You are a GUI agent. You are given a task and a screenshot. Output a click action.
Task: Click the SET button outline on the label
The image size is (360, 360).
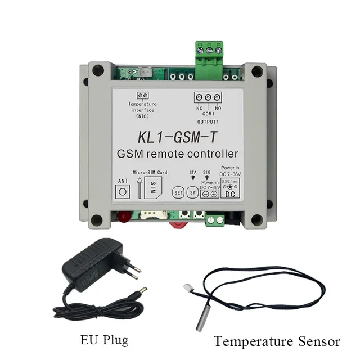178,192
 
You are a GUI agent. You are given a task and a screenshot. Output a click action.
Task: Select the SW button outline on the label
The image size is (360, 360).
192,192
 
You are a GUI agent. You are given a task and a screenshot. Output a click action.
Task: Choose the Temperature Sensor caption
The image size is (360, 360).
277,341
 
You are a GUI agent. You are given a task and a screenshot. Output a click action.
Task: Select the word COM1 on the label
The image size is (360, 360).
208,113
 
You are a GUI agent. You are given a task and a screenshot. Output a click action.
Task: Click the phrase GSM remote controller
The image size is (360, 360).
178,154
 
